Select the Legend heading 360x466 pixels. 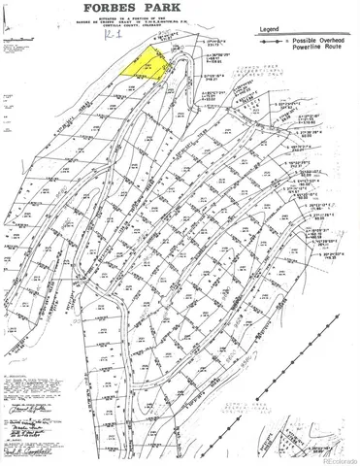(x=296, y=21)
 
